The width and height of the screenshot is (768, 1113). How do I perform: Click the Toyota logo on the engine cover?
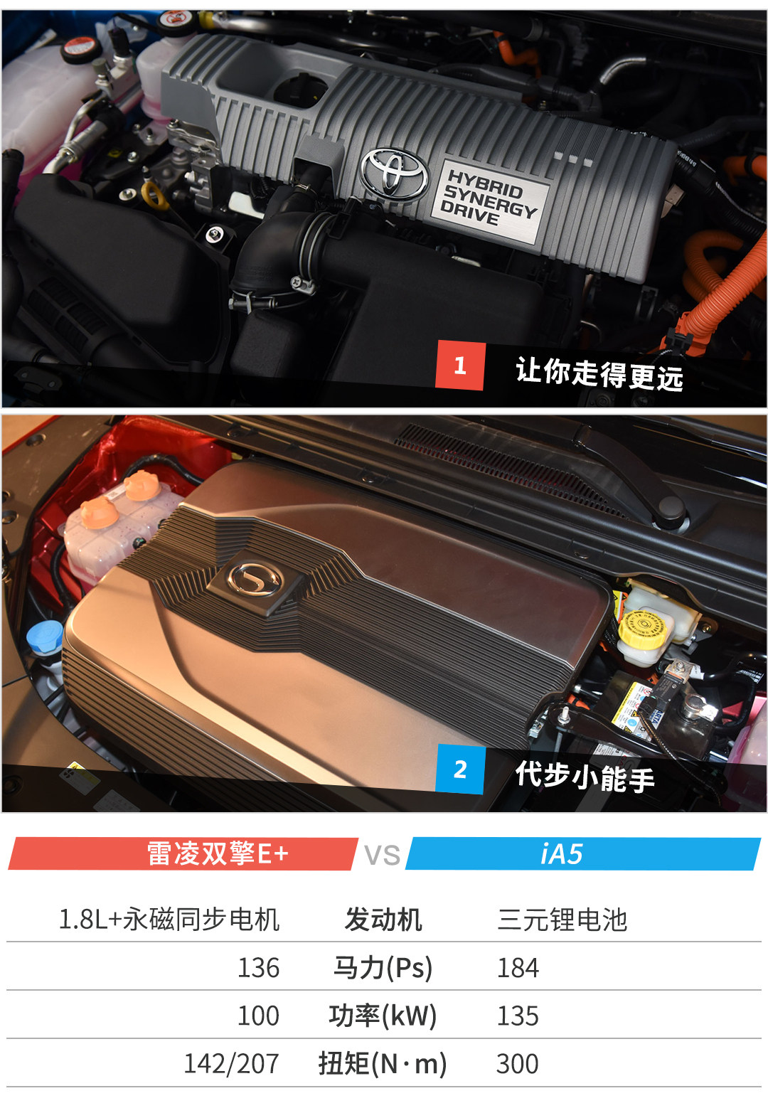click(x=395, y=174)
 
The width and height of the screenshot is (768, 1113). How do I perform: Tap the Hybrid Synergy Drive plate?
click(x=490, y=202)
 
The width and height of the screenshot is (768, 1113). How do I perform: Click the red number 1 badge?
click(x=460, y=366)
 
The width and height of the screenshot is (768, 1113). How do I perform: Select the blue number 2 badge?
click(x=460, y=769)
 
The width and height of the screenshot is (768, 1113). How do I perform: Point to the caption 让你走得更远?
click(x=599, y=373)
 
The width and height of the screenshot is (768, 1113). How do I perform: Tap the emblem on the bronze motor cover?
click(x=255, y=580)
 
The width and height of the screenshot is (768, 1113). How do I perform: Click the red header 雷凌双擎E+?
click(x=218, y=853)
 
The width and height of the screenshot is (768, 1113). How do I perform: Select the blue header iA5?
click(x=561, y=854)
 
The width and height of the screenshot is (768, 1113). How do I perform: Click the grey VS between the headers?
click(x=382, y=855)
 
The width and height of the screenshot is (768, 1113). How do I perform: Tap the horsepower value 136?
click(x=258, y=968)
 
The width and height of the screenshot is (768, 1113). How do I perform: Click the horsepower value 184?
click(x=518, y=968)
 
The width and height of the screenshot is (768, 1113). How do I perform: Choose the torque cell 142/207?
click(x=232, y=1065)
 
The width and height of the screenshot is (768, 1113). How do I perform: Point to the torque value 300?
click(x=517, y=1065)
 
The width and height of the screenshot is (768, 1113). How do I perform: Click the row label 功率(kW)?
click(x=383, y=1016)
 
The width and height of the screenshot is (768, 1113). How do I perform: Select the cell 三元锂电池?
click(x=562, y=920)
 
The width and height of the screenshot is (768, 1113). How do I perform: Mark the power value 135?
click(x=518, y=1016)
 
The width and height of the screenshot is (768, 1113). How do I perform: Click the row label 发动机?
click(x=383, y=920)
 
